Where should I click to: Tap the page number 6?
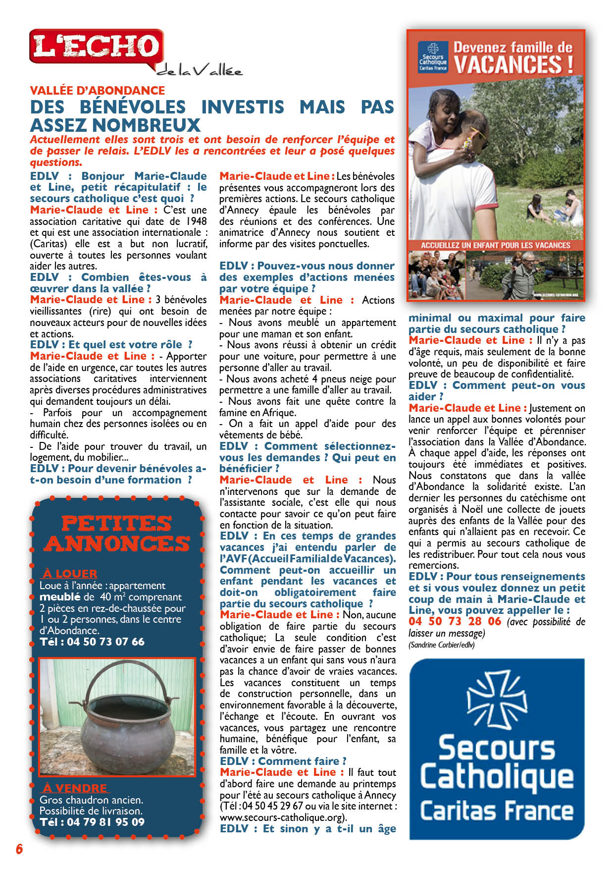click(x=19, y=849)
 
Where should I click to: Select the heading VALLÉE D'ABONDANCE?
click(x=97, y=90)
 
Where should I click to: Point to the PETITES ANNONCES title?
click(x=117, y=533)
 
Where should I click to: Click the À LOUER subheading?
click(x=70, y=573)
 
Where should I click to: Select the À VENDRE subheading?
click(x=74, y=788)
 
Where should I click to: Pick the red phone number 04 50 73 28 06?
click(x=455, y=621)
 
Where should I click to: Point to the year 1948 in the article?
click(x=196, y=221)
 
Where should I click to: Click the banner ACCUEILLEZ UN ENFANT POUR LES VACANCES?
click(x=495, y=245)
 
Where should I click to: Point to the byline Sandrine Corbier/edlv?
click(x=442, y=645)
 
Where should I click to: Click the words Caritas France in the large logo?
click(x=497, y=811)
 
